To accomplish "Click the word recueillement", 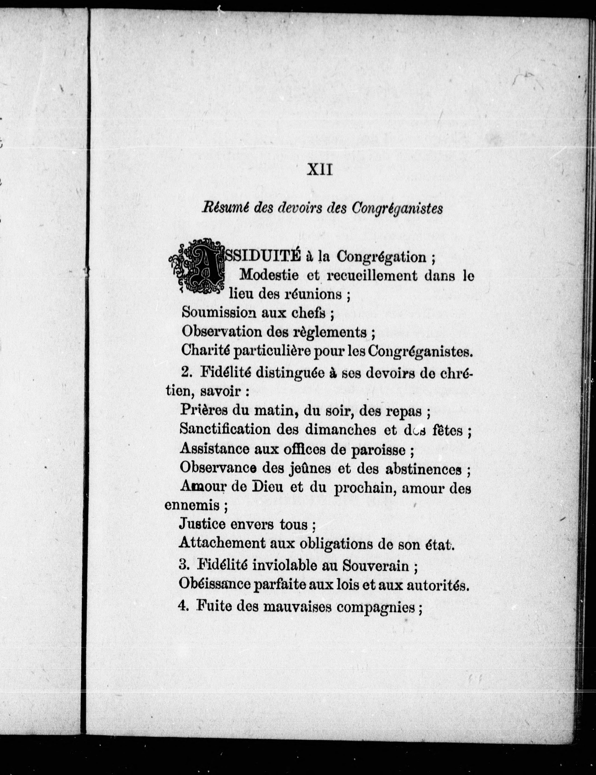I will tap(371, 276).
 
